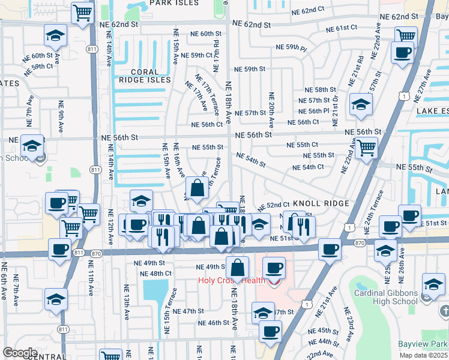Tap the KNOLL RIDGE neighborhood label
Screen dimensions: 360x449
pos(321,204)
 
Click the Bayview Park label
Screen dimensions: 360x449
pos(423,344)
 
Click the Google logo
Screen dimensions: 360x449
pos(20,353)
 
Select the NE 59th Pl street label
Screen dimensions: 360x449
pos(291,47)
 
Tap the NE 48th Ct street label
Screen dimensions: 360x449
pos(155,274)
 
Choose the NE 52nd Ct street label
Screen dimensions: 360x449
pos(274,206)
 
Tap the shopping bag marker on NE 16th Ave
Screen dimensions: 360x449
pos(197,188)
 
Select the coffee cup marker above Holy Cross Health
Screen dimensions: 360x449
pos(274,268)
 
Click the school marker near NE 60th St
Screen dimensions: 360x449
pos(56,37)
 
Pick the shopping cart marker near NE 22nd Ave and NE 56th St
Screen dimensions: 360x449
pos(366,147)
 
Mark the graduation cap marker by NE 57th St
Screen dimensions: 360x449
pos(361,105)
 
